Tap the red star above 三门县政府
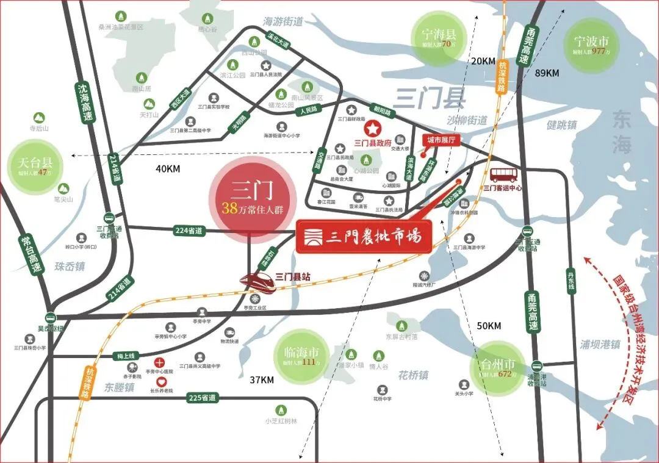click(372, 129)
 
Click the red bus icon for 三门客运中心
click(503, 174)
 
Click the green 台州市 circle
click(497, 367)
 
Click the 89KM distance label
click(547, 73)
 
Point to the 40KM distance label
click(168, 169)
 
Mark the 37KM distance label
click(262, 380)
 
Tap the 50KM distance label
click(489, 326)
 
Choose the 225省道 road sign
click(202, 398)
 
